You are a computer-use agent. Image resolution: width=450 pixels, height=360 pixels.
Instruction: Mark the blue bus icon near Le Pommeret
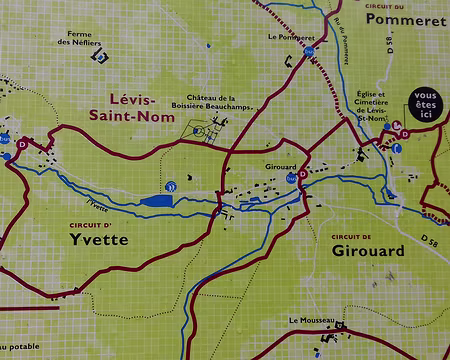[x=309, y=50]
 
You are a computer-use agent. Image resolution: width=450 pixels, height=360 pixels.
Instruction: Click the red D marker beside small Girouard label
[x=302, y=171]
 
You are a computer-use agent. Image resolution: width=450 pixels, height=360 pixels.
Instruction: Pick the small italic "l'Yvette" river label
[x=97, y=206]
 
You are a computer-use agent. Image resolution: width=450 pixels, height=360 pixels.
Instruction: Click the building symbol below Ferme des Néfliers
[x=98, y=57]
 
